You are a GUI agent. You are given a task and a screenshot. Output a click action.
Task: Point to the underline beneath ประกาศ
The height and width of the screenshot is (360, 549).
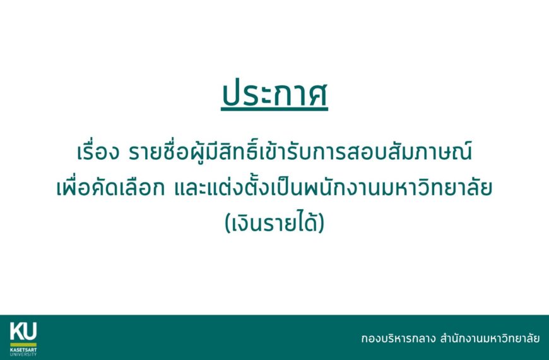[274, 111]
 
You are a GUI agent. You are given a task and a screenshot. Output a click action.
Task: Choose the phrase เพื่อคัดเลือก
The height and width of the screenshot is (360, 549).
[110, 189]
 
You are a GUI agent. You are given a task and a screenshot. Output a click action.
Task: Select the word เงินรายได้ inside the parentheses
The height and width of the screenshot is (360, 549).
[274, 223]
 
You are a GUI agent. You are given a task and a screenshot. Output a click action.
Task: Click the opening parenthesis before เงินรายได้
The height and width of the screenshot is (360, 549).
[228, 224]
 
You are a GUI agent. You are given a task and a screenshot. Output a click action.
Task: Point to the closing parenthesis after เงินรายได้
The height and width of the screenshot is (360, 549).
[321, 224]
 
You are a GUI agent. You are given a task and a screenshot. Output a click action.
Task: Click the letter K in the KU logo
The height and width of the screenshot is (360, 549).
[16, 330]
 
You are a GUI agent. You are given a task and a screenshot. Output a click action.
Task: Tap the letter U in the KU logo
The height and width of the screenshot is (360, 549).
[30, 330]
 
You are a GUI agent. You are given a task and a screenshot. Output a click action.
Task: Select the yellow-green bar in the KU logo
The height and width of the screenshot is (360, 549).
[23, 342]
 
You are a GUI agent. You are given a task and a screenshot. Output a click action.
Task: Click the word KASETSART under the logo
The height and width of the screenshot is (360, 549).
[23, 347]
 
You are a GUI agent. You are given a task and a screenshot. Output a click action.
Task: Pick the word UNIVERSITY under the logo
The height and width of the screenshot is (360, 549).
[23, 353]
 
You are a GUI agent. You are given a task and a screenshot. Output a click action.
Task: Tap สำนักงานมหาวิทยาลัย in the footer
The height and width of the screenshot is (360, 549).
[490, 339]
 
